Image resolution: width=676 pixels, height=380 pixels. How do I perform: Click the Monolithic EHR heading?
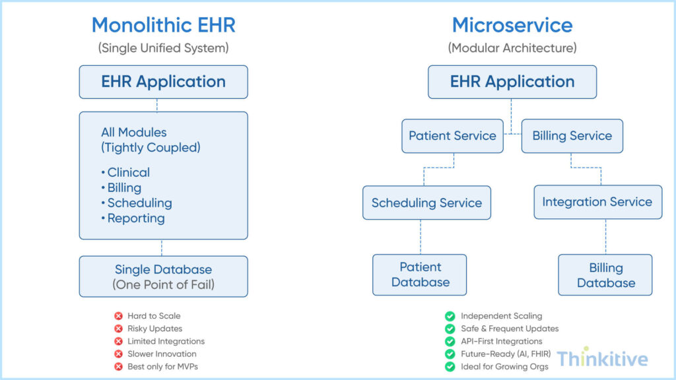163,25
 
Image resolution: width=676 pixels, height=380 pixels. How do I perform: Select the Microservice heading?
512,25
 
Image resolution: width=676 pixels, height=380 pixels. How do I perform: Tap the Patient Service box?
452,136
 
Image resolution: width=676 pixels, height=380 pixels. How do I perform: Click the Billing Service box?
572,136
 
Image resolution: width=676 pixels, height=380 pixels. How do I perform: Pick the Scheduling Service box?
426,203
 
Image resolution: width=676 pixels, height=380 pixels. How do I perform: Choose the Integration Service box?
597,202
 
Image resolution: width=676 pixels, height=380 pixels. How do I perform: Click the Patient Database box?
420,274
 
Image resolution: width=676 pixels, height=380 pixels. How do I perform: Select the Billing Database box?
605,275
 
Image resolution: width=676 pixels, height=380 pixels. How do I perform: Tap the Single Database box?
163,276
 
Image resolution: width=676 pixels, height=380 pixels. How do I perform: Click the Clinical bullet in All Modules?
127,172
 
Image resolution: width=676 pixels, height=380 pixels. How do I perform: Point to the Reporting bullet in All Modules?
134,218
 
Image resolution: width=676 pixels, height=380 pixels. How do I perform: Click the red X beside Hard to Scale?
119,316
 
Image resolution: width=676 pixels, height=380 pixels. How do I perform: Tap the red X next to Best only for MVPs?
119,366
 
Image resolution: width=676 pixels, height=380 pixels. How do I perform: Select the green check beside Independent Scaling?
450,316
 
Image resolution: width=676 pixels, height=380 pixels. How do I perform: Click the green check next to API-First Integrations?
450,341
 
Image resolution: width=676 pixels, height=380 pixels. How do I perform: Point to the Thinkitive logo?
601,358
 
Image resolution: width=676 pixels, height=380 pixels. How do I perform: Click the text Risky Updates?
155,329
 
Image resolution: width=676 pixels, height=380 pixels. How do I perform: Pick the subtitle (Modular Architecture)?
512,48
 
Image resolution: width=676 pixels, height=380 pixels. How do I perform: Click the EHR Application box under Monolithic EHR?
163,82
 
